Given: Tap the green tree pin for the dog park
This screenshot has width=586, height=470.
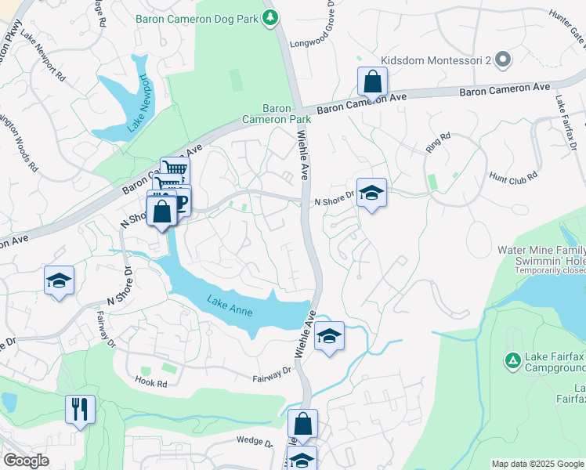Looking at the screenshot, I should (x=270, y=16).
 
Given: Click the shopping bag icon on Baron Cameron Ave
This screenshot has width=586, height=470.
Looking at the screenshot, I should (x=372, y=81).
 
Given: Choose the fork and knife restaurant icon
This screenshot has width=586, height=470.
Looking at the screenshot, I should (x=81, y=408).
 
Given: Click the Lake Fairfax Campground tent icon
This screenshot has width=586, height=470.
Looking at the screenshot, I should (x=512, y=360).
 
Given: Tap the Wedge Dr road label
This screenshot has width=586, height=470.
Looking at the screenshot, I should (x=254, y=443).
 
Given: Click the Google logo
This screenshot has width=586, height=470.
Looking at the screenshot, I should (x=26, y=461).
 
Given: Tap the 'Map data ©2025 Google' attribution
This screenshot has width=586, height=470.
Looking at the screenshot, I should (x=537, y=464).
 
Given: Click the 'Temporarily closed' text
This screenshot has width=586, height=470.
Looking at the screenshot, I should (x=550, y=269).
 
